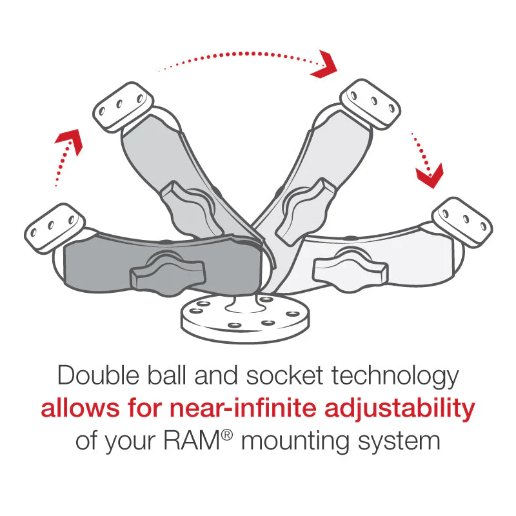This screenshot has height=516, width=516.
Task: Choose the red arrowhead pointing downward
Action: [x=429, y=173]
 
